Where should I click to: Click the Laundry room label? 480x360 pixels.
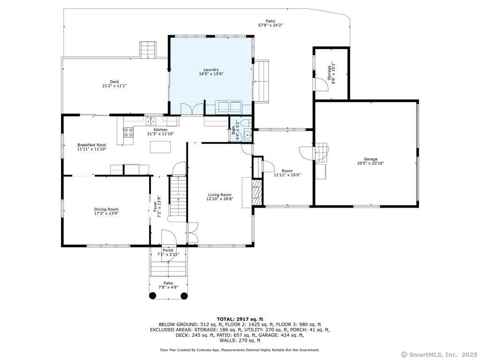coord(211,70)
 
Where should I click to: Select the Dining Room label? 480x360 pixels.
coord(106,209)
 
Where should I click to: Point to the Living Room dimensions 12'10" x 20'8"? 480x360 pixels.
coord(219,199)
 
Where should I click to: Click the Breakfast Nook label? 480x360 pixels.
coord(92,145)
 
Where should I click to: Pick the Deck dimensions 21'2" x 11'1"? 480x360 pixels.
coord(114,86)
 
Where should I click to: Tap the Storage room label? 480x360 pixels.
coord(330,73)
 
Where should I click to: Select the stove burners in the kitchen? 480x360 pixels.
coord(128,132)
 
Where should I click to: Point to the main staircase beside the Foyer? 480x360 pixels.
coord(177,197)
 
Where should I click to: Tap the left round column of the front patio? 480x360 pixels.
coord(152,296)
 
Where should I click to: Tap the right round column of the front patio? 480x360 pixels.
coord(184,296)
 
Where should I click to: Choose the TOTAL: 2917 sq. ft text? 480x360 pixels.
coord(240,319)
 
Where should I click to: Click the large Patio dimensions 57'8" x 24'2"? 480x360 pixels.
coord(270,25)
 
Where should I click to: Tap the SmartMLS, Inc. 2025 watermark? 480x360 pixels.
coord(439,354)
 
